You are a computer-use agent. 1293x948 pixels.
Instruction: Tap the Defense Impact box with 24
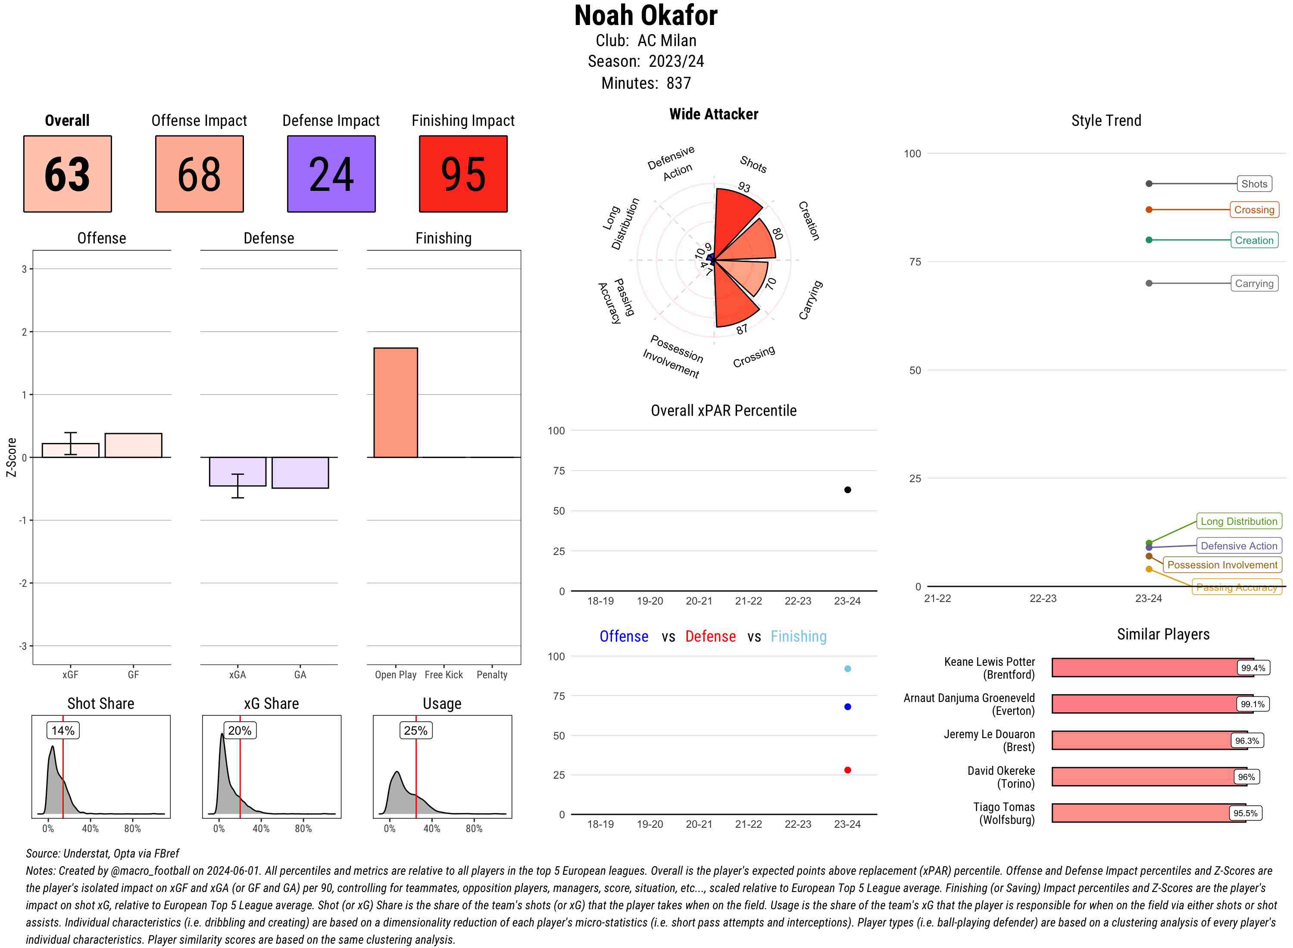[331, 174]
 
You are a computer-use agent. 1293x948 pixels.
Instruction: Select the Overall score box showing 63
[68, 174]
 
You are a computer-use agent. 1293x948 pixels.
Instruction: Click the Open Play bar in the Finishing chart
[395, 402]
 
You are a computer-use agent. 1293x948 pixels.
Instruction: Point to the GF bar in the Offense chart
[133, 445]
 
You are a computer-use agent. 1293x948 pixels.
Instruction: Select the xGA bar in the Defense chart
[237, 471]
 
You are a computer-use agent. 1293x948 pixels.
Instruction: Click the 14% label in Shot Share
[63, 730]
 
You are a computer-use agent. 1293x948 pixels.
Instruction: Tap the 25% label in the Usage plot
[415, 730]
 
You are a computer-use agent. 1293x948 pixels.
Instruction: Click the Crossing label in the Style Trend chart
[1253, 210]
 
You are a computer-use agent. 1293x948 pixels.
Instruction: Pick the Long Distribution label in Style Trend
[1239, 521]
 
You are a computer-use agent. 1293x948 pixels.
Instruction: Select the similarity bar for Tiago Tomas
[1148, 813]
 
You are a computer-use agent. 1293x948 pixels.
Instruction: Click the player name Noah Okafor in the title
[646, 16]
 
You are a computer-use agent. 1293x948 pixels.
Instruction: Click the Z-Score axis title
[11, 457]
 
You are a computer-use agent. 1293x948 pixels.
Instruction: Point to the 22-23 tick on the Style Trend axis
[1042, 599]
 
